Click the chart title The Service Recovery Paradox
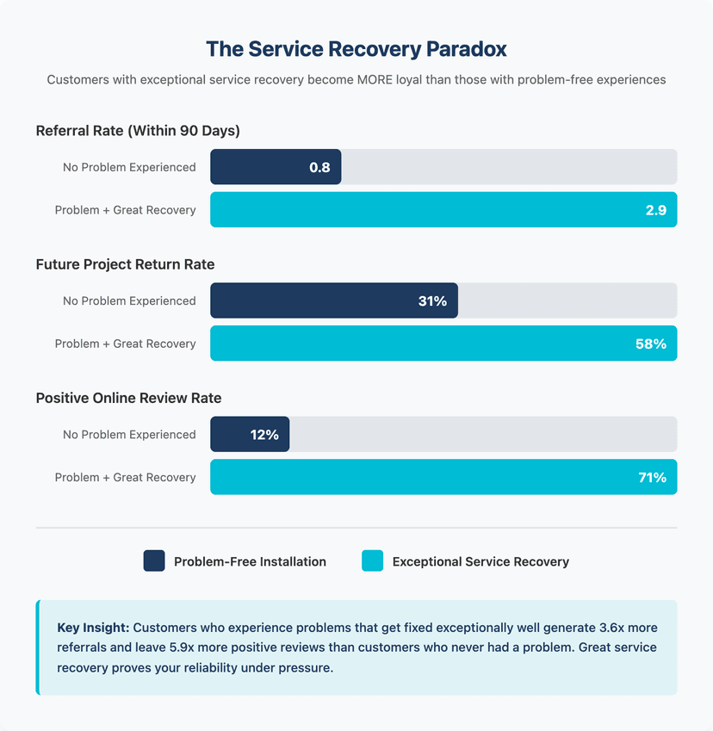click(x=356, y=49)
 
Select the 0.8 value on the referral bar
click(x=319, y=167)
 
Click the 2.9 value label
click(x=655, y=210)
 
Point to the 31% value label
click(x=432, y=300)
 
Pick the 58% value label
click(x=650, y=344)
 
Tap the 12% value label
click(x=264, y=435)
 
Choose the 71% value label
click(x=653, y=477)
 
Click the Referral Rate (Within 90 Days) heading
click(x=138, y=131)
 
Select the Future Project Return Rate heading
click(x=126, y=264)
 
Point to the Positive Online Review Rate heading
click(x=128, y=398)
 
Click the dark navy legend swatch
click(x=154, y=561)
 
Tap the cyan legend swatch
click(x=372, y=561)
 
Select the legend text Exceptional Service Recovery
click(x=480, y=561)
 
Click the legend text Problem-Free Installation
click(x=250, y=561)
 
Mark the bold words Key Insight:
click(x=93, y=628)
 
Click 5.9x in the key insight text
click(x=182, y=647)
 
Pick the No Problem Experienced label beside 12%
click(x=129, y=435)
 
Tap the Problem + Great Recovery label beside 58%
click(x=126, y=344)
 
